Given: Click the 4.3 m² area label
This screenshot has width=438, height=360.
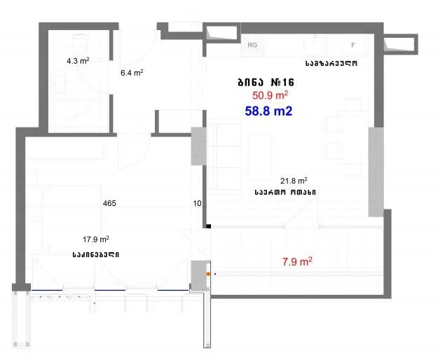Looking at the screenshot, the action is click(x=78, y=60).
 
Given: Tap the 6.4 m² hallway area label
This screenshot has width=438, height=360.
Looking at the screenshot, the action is click(x=132, y=73).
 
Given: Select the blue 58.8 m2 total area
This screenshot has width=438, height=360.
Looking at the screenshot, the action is click(x=268, y=111).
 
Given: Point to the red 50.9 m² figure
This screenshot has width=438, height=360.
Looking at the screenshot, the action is click(x=270, y=95).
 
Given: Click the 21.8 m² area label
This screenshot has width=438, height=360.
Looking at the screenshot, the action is click(x=294, y=181).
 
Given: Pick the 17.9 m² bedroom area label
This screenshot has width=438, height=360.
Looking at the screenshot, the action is click(x=96, y=240).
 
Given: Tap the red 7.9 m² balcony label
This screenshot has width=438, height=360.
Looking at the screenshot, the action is click(x=297, y=262).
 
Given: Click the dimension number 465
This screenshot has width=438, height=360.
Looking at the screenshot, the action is click(x=109, y=203).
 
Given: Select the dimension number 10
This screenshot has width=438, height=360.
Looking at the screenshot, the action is click(x=197, y=203).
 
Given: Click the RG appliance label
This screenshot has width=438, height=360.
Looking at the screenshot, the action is click(x=252, y=45).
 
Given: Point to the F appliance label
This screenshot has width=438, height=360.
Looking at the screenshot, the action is click(x=353, y=45).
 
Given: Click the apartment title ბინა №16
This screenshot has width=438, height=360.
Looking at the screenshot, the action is click(x=266, y=83).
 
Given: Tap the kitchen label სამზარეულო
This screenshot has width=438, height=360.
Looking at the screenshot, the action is click(x=331, y=63).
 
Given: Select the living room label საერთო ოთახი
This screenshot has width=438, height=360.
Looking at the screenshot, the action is click(x=285, y=193).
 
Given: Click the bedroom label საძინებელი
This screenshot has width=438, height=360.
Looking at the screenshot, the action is click(x=96, y=255).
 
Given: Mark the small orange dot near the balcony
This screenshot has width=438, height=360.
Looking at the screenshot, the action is click(x=208, y=274).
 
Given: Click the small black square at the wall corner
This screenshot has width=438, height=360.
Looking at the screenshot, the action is click(x=208, y=226).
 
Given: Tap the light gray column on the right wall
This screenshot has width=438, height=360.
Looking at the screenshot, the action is click(x=376, y=172).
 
